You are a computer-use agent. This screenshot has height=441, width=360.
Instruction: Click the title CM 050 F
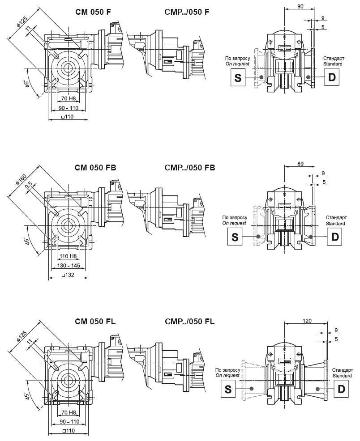[x=93, y=13]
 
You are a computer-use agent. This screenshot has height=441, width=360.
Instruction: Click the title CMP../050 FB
[x=190, y=168]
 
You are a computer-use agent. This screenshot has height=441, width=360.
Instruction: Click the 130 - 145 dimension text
[x=69, y=266]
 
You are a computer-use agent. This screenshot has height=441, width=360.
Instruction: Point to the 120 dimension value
[x=306, y=321]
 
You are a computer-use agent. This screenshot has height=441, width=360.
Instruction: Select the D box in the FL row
[x=341, y=389]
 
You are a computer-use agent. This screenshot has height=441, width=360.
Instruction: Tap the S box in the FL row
[x=227, y=389]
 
